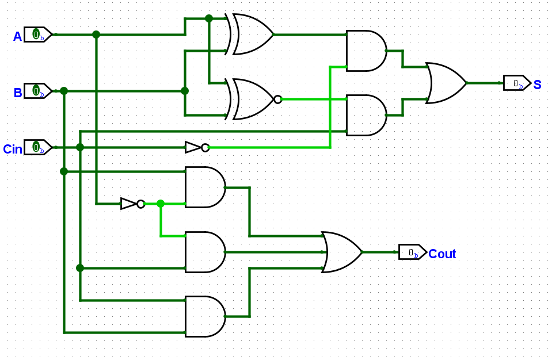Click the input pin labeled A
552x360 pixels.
click(x=38, y=35)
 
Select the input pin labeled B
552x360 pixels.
click(x=38, y=91)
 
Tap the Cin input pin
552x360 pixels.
click(x=38, y=147)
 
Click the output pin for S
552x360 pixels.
click(x=517, y=83)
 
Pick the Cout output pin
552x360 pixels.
click(x=413, y=252)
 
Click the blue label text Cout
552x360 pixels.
click(x=442, y=254)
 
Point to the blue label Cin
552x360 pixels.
click(x=13, y=149)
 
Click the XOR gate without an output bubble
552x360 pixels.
click(x=249, y=35)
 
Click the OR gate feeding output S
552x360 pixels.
click(x=446, y=83)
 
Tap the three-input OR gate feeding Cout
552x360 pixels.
click(x=341, y=252)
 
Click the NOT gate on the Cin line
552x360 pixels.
click(x=197, y=147)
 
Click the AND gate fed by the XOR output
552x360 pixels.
click(x=367, y=51)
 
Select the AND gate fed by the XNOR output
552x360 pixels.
click(x=367, y=116)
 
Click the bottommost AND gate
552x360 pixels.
click(x=205, y=316)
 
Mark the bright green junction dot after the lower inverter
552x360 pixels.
click(x=161, y=204)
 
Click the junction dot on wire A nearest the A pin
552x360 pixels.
click(x=96, y=35)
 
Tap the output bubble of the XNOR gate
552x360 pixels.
click(x=278, y=99)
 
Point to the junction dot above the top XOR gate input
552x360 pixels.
click(x=209, y=18)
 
